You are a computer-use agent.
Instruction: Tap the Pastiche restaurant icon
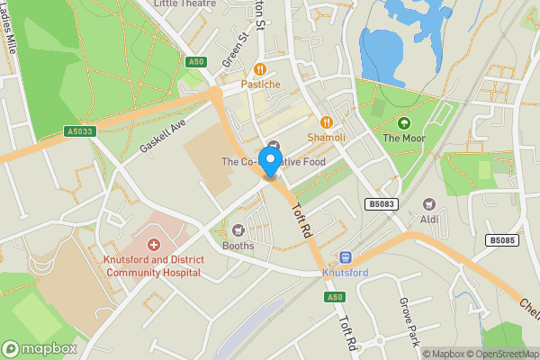pyautogui.click(x=261, y=68)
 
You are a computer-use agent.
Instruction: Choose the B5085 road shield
pyautogui.click(x=501, y=240)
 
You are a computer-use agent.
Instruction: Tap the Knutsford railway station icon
pyautogui.click(x=344, y=257)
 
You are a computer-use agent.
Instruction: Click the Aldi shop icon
pyautogui.click(x=428, y=204)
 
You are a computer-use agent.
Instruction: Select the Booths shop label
pyautogui.click(x=238, y=246)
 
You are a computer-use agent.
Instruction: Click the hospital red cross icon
pyautogui.click(x=153, y=245)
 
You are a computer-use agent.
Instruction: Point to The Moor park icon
pyautogui.click(x=402, y=122)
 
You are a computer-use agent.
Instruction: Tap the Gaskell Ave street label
pyautogui.click(x=161, y=139)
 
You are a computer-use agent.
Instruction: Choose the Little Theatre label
pyautogui.click(x=185, y=4)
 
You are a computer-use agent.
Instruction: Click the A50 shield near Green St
pyautogui.click(x=197, y=62)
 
